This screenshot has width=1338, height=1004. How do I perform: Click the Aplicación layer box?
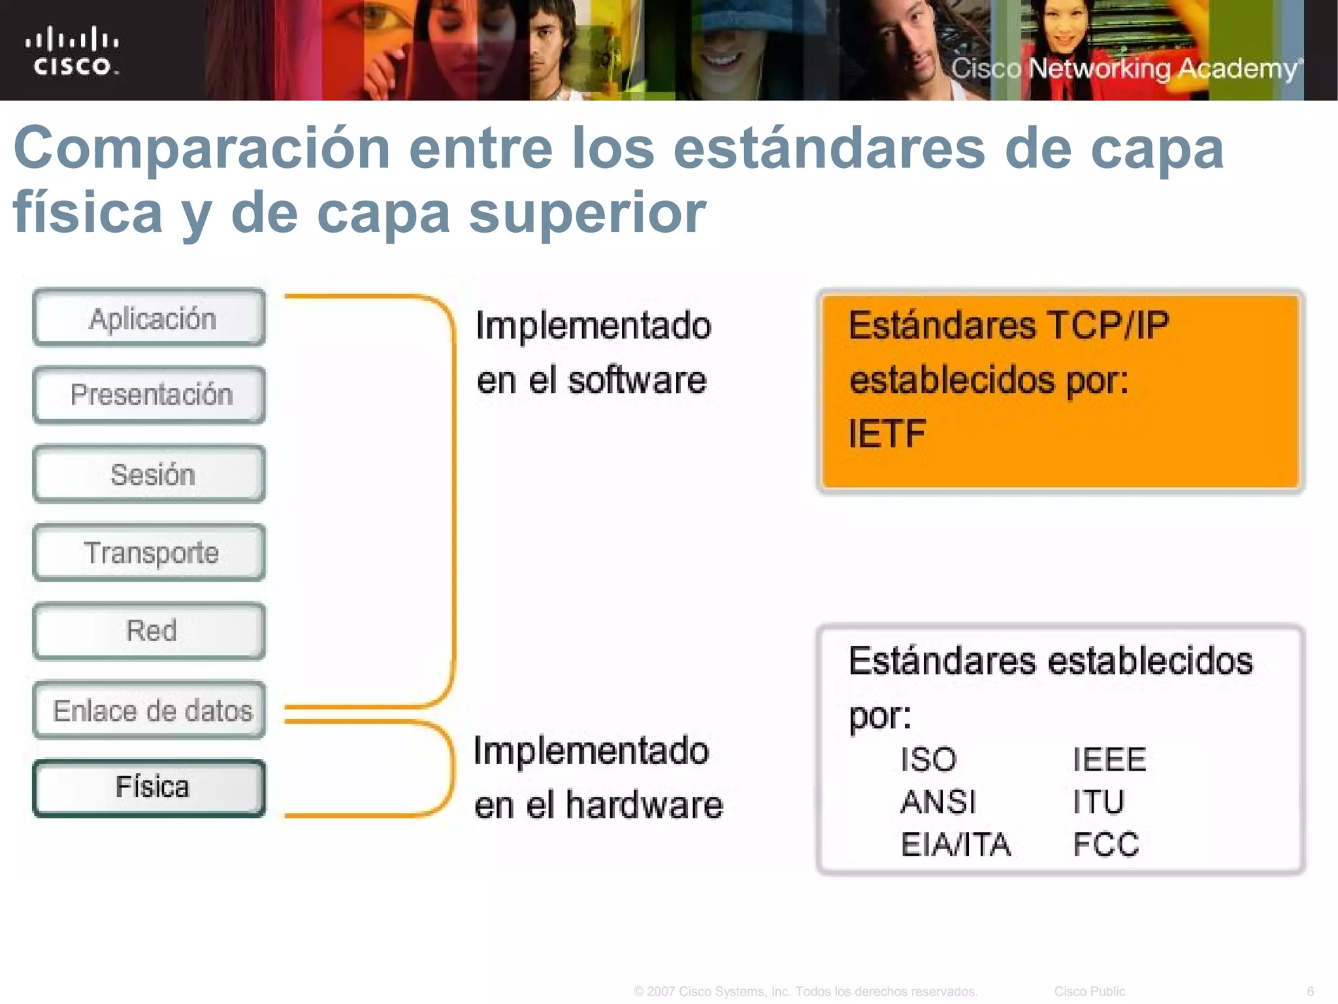150,318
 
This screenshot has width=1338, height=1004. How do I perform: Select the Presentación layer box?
150,395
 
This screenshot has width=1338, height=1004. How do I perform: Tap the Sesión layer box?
150,475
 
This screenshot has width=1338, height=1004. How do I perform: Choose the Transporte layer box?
150,553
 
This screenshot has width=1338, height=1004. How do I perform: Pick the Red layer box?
150,631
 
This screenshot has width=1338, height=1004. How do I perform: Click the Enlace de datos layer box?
150,711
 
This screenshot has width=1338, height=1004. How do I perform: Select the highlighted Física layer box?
150,788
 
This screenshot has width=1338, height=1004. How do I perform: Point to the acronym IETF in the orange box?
887,433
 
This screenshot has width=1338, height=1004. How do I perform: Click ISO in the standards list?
928,760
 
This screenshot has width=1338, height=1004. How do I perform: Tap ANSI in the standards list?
938,802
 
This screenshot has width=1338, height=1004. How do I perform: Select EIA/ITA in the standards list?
955,845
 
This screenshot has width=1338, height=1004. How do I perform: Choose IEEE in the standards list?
1109,760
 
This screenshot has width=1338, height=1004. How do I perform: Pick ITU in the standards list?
1098,802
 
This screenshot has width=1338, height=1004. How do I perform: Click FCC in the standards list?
1106,845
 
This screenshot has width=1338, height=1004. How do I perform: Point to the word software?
637,380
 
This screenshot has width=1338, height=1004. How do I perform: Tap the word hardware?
644,805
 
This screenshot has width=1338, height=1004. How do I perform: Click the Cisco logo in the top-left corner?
73,50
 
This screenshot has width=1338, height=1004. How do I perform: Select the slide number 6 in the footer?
1310,992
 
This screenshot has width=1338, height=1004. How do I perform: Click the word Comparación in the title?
202,148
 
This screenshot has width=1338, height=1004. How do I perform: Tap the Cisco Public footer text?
1089,992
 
